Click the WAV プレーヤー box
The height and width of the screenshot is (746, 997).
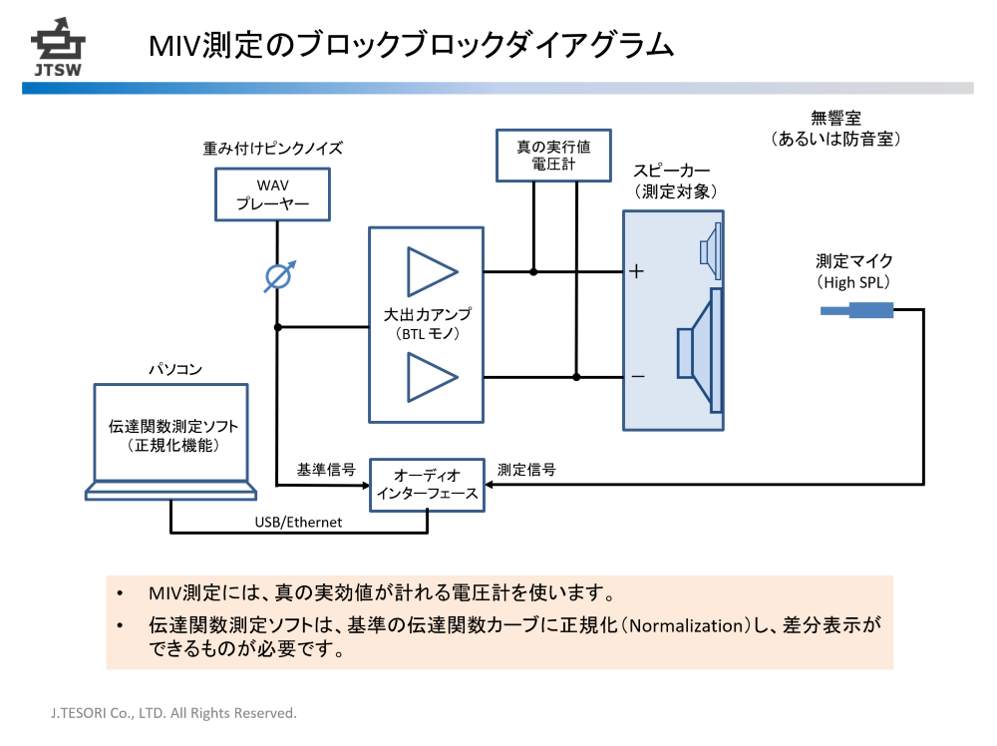click(x=272, y=194)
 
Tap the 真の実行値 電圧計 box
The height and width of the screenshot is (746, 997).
click(x=553, y=155)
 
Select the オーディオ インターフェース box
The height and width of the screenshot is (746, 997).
click(x=427, y=484)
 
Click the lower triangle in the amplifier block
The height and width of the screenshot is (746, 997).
click(x=432, y=377)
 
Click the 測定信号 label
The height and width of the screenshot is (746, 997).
click(x=526, y=469)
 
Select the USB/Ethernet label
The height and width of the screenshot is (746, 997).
click(x=299, y=522)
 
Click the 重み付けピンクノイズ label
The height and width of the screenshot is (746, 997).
click(x=273, y=148)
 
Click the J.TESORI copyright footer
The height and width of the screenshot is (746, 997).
click(x=174, y=713)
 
